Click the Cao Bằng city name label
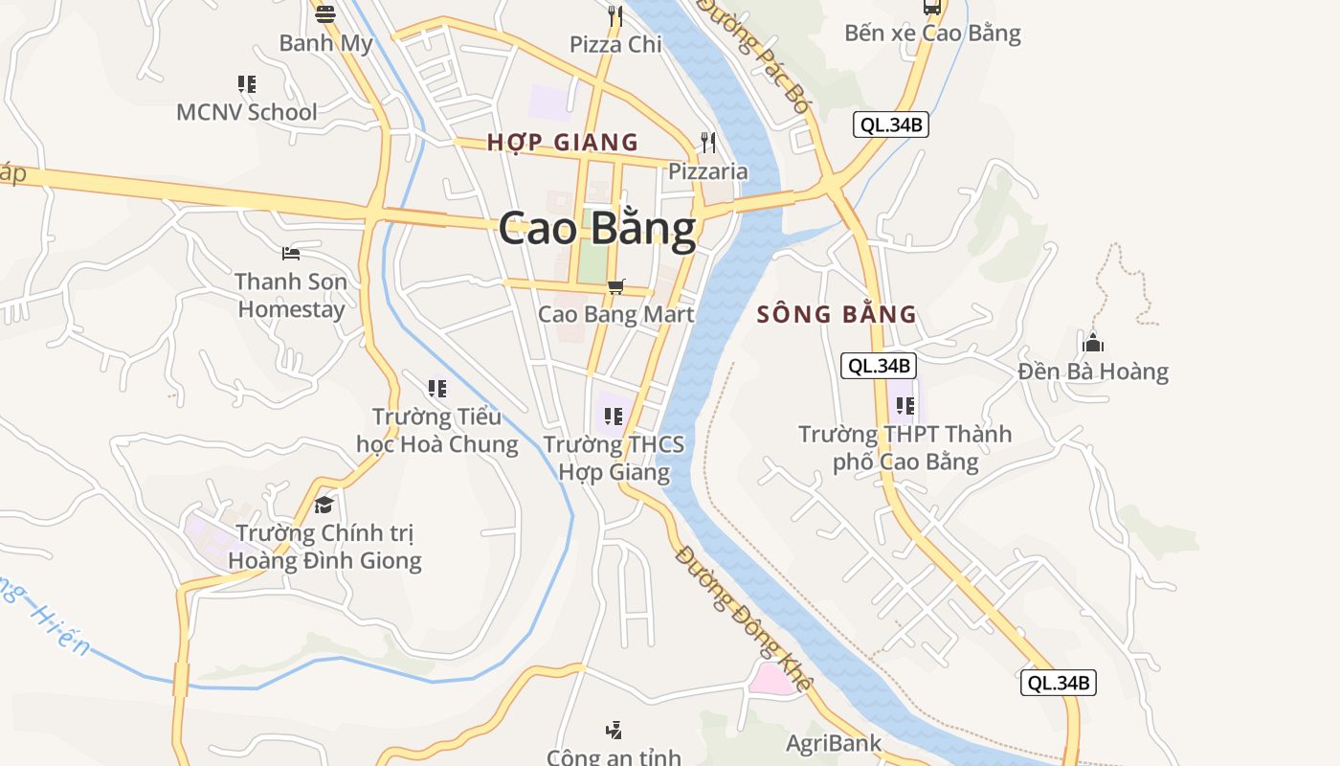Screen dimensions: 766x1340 [x=597, y=230]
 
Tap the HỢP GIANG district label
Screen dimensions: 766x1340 [x=562, y=143]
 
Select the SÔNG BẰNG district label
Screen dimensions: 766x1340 [x=837, y=314]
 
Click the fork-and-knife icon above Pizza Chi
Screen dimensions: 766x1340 [x=615, y=15]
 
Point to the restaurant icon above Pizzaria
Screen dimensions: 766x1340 [x=708, y=143]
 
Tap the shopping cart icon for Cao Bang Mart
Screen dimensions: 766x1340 [x=616, y=286]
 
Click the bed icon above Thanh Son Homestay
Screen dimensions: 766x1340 [x=291, y=254]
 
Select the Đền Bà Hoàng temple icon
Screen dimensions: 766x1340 [x=1093, y=343]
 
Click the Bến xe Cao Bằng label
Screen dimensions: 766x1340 [x=932, y=34]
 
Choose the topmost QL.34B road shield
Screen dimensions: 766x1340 [x=891, y=124]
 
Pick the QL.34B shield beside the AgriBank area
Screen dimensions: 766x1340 [x=1058, y=683]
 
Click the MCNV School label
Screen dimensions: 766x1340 [x=246, y=112]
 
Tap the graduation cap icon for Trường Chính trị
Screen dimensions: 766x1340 [x=324, y=505]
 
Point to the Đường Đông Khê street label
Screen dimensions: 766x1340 [x=744, y=619]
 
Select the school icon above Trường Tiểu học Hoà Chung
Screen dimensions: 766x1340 [x=437, y=388]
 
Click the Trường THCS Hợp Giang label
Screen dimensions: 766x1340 [x=614, y=458]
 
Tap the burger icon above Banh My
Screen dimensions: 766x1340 [x=325, y=14]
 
